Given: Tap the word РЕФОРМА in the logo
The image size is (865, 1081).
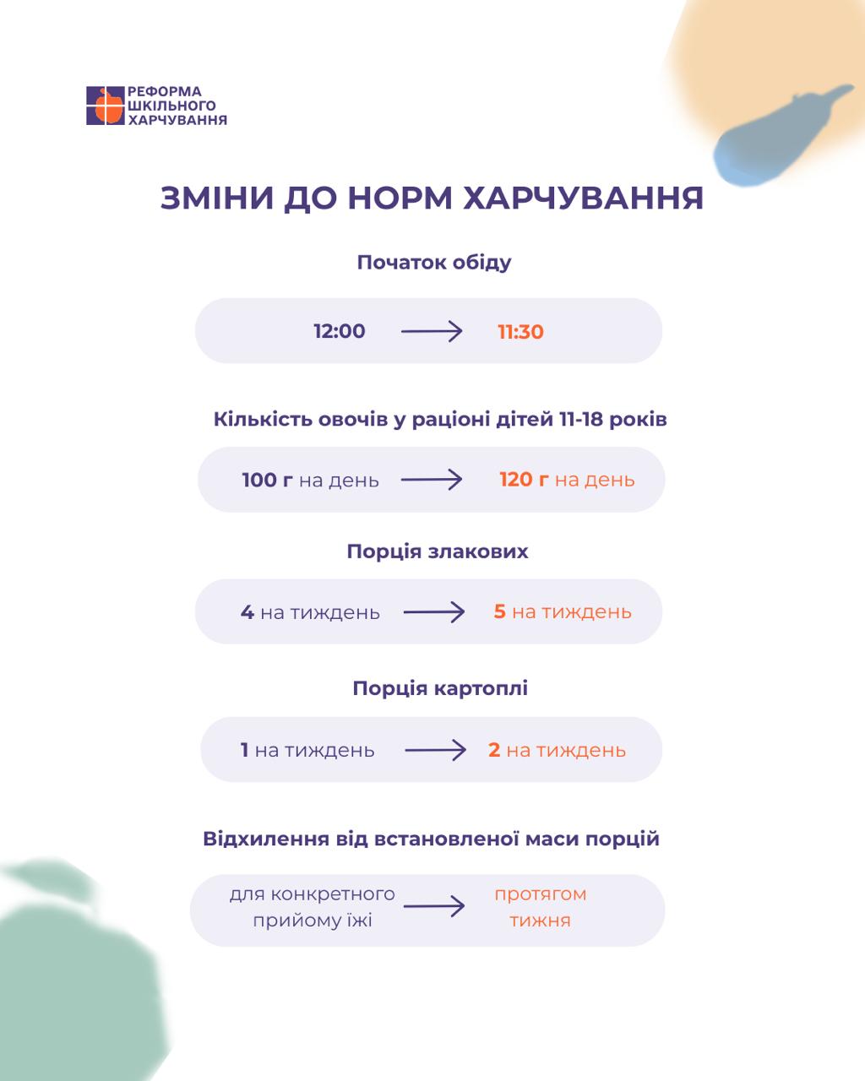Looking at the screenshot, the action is (165, 92).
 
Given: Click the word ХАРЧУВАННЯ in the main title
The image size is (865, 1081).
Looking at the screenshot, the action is (583, 198).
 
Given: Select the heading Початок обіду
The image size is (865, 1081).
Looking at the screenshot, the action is (433, 263).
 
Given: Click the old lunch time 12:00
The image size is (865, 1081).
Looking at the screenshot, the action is (340, 332).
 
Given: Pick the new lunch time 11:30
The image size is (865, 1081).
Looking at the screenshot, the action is (520, 332).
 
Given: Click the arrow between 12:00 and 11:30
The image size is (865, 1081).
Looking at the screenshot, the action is (432, 332).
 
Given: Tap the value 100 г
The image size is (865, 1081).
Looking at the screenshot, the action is (267, 481).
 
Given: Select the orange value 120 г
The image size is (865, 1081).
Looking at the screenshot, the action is (524, 480).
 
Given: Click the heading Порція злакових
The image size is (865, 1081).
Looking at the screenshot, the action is (438, 551).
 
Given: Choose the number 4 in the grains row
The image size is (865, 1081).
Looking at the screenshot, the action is (247, 612).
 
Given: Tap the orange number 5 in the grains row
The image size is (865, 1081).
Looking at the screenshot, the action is (499, 611).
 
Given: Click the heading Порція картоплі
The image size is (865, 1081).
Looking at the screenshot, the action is (440, 688).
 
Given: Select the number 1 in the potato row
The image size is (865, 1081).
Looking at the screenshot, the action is (244, 750).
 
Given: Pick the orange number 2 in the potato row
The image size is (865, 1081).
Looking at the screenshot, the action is (494, 749).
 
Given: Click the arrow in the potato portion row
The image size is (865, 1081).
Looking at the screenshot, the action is (435, 750).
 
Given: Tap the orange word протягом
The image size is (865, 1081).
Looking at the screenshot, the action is (541, 894).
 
